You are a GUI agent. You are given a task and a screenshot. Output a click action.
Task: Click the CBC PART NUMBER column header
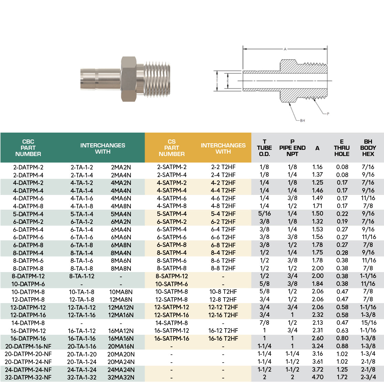28,148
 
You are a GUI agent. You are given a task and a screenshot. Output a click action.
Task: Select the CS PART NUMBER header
172,148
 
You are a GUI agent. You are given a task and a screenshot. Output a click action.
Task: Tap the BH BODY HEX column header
368,148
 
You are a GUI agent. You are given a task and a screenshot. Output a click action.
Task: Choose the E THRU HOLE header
342,148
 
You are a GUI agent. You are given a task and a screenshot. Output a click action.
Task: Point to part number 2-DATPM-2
28,167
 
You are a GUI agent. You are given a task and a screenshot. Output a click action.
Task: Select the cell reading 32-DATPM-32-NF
28,377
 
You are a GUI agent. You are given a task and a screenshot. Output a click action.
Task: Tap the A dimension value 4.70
317,377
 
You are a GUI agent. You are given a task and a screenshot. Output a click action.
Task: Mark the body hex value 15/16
368,323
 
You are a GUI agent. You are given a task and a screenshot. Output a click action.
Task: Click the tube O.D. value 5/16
264,214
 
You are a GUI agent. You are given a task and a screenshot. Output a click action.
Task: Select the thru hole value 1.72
342,377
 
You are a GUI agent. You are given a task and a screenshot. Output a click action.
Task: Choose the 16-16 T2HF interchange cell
223,339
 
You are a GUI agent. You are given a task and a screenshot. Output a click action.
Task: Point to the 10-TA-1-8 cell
82,292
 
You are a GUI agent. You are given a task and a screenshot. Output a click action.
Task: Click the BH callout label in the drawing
302,121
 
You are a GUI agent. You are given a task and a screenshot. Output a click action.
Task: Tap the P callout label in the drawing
328,113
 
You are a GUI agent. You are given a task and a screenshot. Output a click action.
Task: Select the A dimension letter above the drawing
285,50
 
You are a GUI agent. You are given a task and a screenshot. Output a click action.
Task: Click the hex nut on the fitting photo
128,79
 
